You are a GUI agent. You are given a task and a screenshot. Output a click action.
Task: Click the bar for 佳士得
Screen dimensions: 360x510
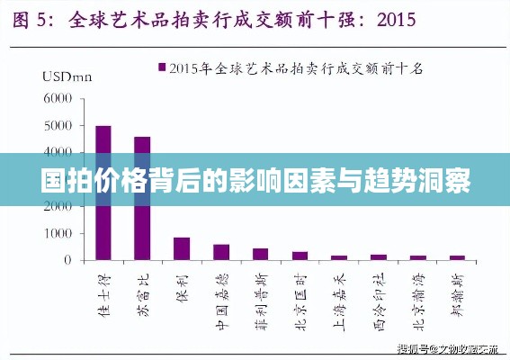pos(103,193)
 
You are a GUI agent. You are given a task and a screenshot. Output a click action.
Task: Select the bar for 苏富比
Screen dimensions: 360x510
pos(142,198)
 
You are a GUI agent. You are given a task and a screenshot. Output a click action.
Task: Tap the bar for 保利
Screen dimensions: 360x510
pos(182,248)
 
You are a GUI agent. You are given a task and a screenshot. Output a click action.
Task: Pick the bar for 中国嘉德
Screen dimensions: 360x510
pos(221,252)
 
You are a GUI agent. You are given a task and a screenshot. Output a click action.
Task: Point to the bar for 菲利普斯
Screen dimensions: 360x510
pos(260,254)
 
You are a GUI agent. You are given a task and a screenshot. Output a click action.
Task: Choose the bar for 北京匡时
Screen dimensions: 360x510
pos(300,256)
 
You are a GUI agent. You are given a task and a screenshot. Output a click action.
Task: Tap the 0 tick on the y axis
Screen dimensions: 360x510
pos(67,260)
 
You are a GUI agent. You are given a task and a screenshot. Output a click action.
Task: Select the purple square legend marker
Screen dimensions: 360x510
pos(162,67)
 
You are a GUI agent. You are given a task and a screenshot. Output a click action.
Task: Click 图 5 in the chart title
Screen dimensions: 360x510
pos(35,17)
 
